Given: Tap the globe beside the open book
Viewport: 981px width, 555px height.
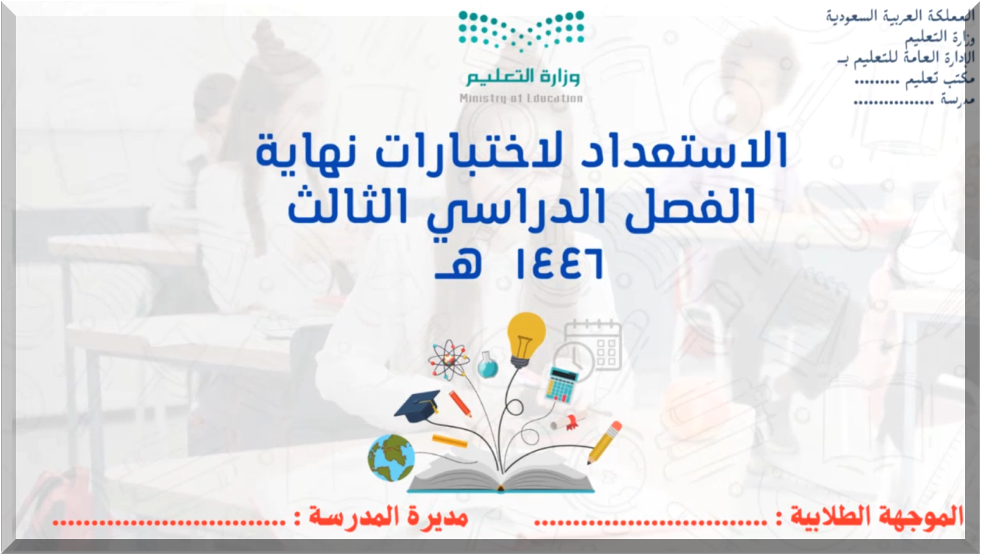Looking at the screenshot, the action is [x=391, y=458].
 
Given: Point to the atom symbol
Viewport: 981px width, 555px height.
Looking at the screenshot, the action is [x=449, y=359].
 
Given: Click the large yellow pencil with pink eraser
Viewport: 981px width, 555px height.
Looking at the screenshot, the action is [x=604, y=442].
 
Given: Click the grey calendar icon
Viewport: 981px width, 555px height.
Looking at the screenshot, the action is [x=593, y=345].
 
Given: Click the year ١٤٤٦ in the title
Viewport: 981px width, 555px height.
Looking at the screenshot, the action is [x=560, y=263].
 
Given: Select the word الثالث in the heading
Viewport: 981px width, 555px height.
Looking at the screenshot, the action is [x=348, y=206].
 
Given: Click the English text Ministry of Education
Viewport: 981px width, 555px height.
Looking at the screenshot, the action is [x=521, y=98].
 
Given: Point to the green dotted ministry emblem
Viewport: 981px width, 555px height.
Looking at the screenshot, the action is [x=521, y=30].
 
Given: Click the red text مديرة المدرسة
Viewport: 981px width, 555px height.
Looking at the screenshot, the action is [x=388, y=516].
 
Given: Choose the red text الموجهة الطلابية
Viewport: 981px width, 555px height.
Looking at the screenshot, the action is [x=877, y=516].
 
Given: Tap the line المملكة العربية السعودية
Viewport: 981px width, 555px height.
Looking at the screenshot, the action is [x=900, y=16].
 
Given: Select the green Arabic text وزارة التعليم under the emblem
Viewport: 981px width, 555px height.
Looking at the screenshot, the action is [x=523, y=77].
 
